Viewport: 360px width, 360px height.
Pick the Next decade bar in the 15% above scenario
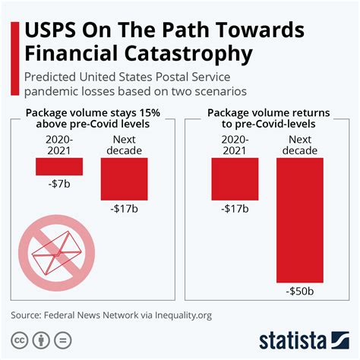[x=124, y=178]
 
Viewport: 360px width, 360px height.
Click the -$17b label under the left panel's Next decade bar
[x=124, y=208]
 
